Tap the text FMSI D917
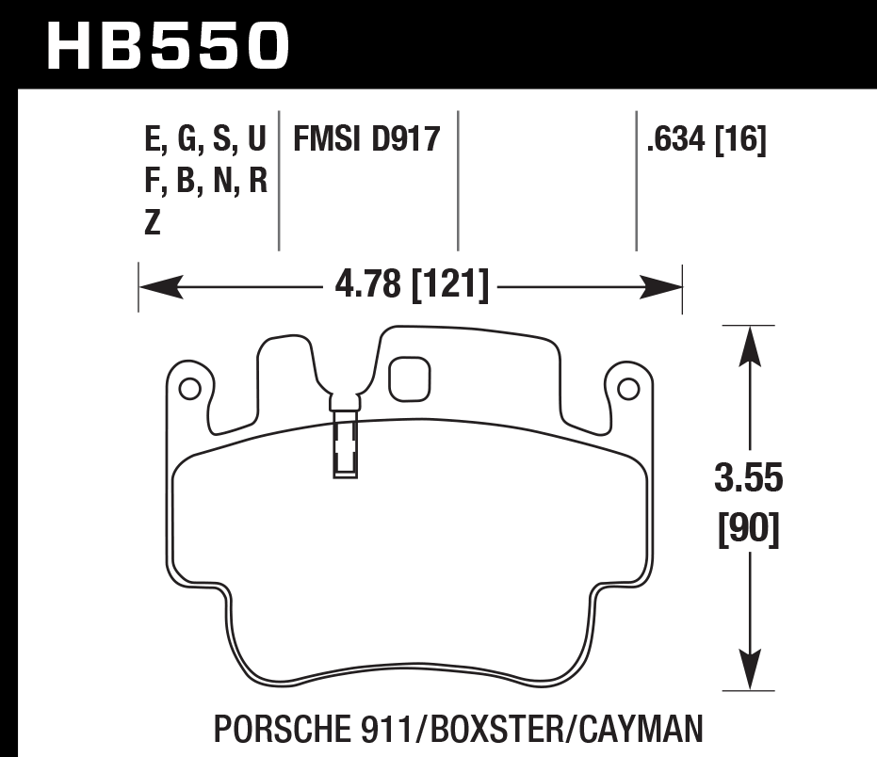(x=366, y=140)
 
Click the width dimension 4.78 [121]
(x=413, y=285)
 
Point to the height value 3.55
(x=749, y=479)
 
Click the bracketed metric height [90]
(x=749, y=532)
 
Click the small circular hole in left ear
(x=187, y=387)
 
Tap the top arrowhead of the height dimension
(x=749, y=345)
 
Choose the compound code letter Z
(x=153, y=223)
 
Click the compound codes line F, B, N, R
(x=206, y=182)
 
